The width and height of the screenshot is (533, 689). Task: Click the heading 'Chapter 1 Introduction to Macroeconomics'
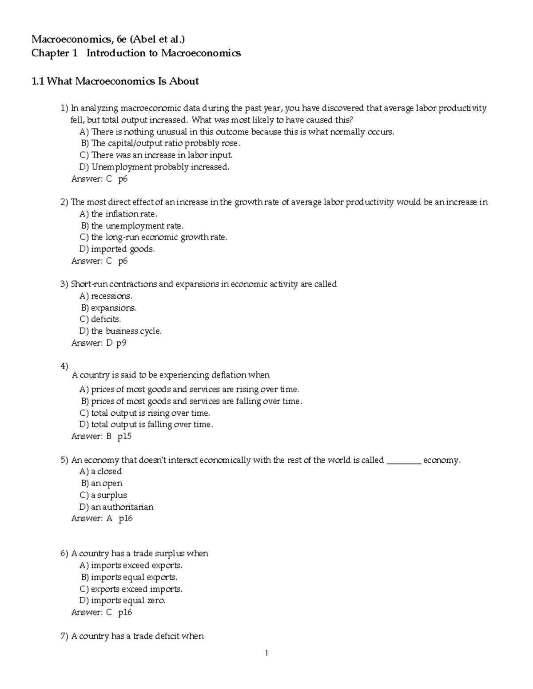136,53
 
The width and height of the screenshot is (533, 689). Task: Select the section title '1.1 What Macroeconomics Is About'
115,81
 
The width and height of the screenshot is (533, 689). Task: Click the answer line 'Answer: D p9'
99,343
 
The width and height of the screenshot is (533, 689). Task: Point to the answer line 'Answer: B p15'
101,437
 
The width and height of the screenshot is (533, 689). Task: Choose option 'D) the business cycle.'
120,331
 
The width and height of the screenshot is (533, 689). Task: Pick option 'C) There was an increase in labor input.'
156,155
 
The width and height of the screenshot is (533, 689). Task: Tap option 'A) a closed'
100,472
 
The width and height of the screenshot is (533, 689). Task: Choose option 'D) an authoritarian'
116,507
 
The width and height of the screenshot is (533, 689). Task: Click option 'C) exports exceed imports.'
131,589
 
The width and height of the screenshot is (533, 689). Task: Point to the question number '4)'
64,366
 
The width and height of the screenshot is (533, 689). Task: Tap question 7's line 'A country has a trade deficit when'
137,636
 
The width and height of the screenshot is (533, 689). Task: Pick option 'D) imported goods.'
117,249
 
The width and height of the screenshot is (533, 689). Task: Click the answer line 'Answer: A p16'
102,519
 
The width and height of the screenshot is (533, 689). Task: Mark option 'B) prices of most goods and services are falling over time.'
191,401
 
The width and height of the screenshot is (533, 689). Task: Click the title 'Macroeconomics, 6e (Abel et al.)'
108,39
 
